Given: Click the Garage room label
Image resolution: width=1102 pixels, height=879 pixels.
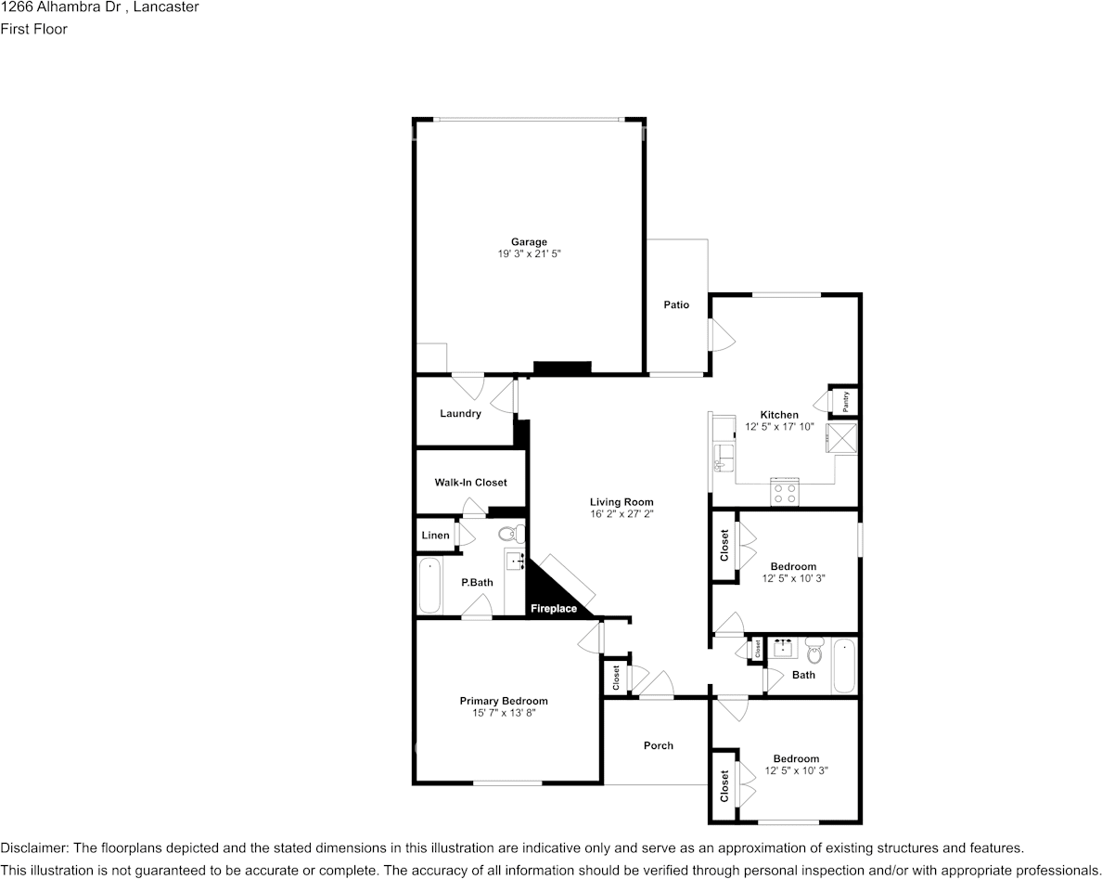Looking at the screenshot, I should click(x=529, y=242).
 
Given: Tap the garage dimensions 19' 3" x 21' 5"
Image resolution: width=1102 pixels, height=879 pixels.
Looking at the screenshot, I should click(x=529, y=253).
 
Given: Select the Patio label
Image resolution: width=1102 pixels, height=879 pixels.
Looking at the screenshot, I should click(x=676, y=305).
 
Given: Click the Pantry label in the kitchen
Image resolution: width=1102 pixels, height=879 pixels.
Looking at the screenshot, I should click(x=846, y=401).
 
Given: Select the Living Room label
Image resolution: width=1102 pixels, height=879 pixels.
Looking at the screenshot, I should click(x=621, y=502).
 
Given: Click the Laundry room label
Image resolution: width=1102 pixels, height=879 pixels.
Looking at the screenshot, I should click(x=460, y=414).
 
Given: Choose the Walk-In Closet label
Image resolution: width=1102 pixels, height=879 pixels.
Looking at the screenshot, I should click(x=471, y=483).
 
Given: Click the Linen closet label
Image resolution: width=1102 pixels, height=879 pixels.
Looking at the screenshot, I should click(x=435, y=536).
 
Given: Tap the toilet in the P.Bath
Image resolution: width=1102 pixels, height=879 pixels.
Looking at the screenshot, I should click(x=510, y=535).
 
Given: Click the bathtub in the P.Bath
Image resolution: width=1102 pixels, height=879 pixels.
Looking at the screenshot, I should click(x=429, y=587).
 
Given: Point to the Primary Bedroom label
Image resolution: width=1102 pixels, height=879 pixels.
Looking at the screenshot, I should click(x=504, y=701).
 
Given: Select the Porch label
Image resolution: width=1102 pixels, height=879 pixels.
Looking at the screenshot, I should click(x=659, y=745).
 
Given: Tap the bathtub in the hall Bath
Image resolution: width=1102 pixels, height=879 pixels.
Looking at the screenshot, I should click(x=843, y=666).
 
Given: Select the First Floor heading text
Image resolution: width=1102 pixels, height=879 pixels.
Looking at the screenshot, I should click(x=34, y=29).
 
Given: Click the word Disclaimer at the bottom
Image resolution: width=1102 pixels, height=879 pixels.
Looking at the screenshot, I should click(x=34, y=848).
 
